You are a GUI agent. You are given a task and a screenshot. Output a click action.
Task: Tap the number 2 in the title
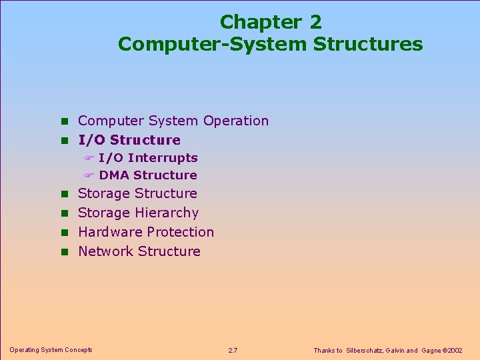[x=315, y=22]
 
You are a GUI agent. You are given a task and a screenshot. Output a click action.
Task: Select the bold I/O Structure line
[x=129, y=140]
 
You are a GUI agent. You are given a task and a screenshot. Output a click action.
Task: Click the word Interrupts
[x=163, y=158]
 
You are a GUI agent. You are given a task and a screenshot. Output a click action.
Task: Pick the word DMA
[x=114, y=175]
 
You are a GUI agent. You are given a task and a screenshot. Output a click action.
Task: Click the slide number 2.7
[x=233, y=350]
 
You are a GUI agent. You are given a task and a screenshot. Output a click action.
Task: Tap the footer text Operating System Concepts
[x=51, y=349]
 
